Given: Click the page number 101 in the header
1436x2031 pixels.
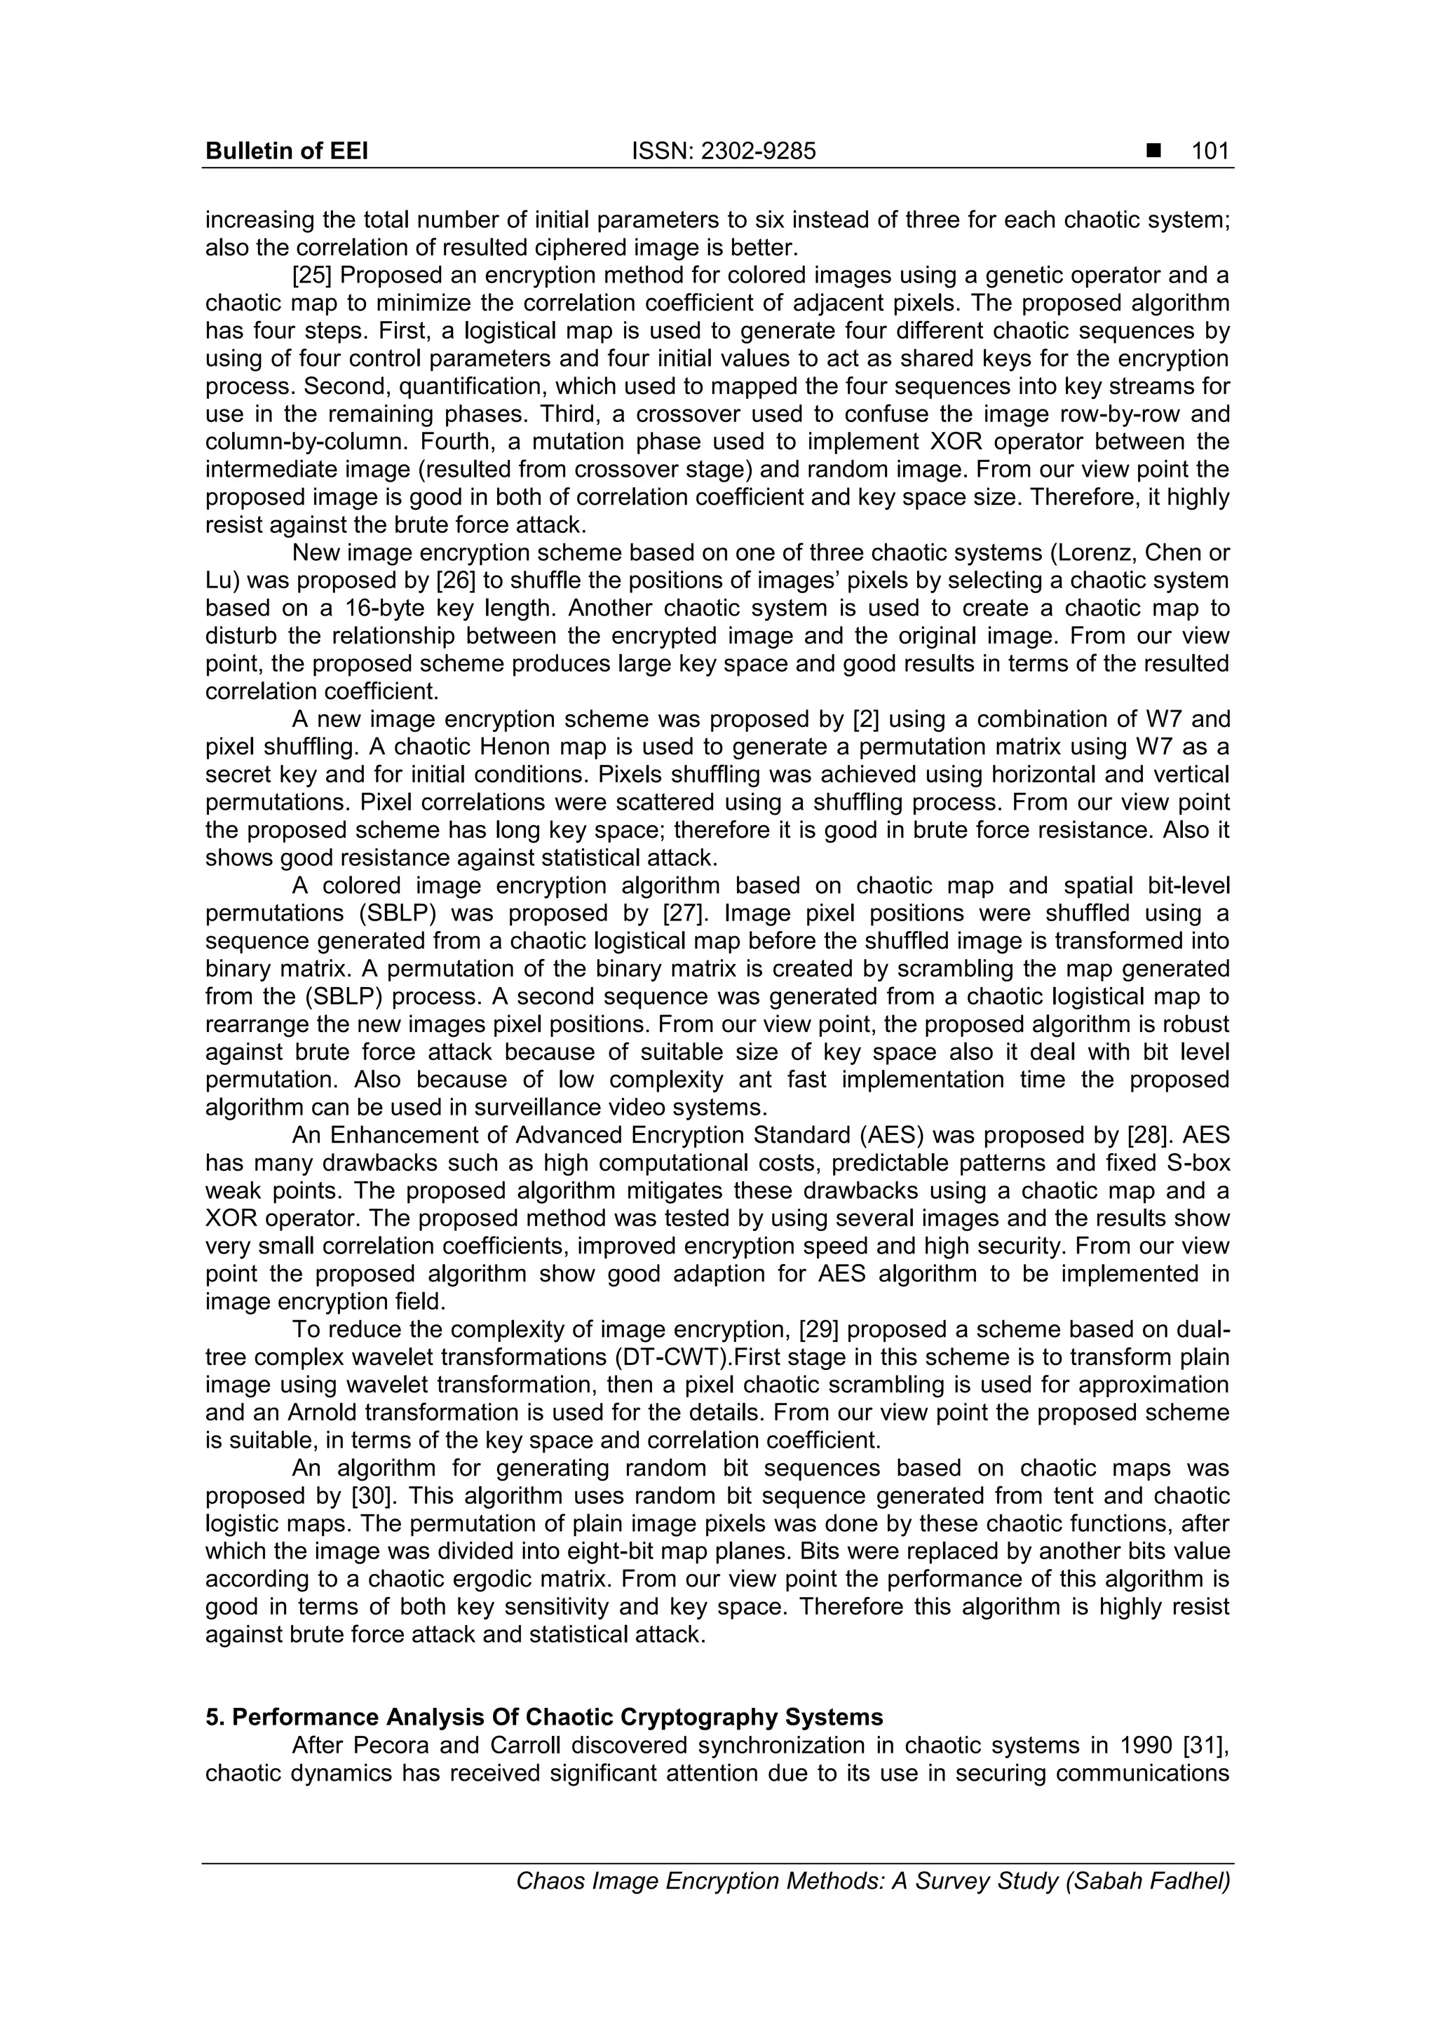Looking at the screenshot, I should tap(1210, 151).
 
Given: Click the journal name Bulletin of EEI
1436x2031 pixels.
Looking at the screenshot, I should tap(286, 151).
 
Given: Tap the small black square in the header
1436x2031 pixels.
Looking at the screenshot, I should tap(1153, 151).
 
